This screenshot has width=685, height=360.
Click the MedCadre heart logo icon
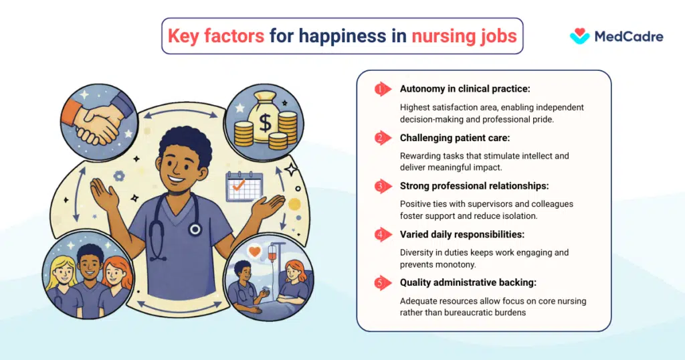579,36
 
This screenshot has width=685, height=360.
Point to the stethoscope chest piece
195,229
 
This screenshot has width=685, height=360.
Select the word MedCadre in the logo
629,37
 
